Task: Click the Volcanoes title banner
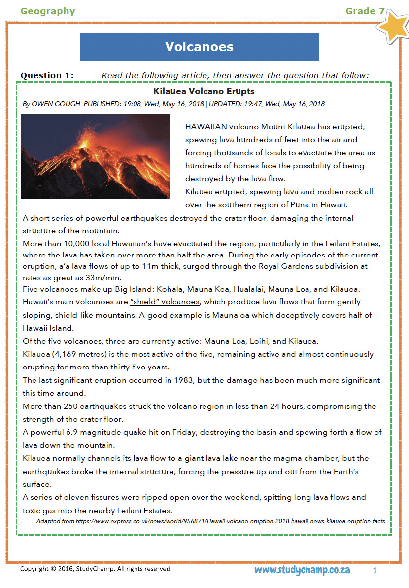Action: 199,47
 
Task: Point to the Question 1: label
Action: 47,75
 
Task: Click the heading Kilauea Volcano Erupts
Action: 204,91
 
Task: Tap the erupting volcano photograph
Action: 96,156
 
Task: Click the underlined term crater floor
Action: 245,218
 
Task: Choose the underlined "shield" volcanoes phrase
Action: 165,302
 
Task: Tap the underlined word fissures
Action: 104,497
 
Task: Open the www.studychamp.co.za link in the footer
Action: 302,570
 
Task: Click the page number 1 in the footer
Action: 375,570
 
